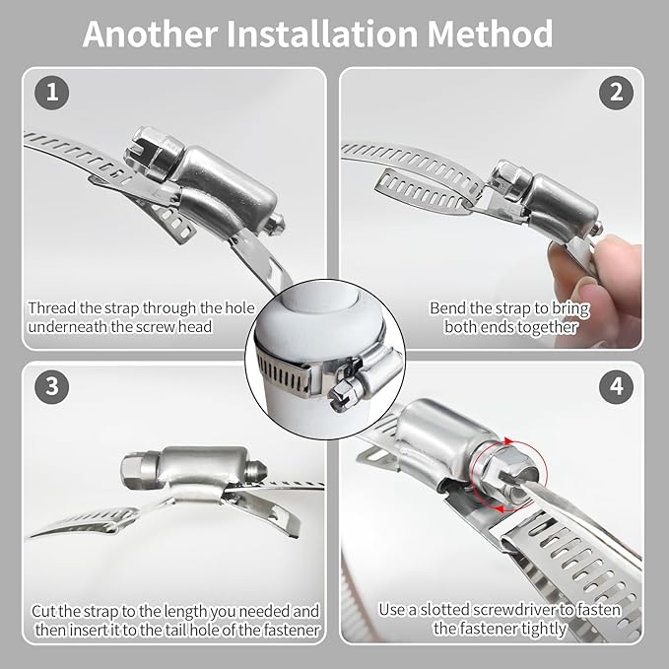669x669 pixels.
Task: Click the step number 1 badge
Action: click(x=51, y=93)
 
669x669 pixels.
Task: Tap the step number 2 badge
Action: click(x=616, y=93)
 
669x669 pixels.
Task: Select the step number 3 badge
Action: click(x=51, y=386)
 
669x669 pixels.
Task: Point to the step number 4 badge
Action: click(x=616, y=386)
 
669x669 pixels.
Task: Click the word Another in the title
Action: click(x=150, y=33)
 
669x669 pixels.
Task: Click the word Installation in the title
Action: click(x=322, y=33)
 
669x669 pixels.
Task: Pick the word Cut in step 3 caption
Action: click(x=44, y=611)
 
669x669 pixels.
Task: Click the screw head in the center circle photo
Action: click(x=344, y=395)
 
